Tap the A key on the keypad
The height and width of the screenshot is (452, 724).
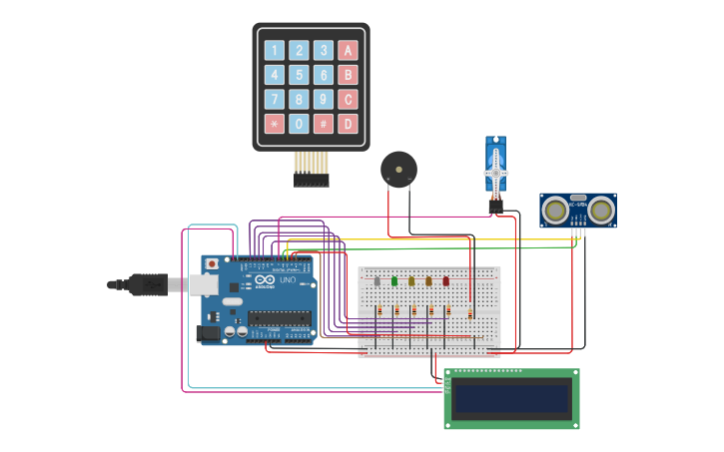(x=348, y=50)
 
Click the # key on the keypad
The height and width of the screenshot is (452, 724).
(x=323, y=124)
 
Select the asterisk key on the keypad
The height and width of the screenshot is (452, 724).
(x=274, y=124)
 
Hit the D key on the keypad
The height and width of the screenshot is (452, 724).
(x=348, y=124)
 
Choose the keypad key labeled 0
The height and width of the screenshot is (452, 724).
(x=299, y=124)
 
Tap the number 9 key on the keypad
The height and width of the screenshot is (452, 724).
(x=323, y=99)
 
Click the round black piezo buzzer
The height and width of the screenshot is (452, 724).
(x=398, y=169)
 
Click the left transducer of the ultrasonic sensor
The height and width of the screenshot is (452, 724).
(x=555, y=210)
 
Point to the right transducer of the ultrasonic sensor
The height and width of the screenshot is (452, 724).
(x=600, y=210)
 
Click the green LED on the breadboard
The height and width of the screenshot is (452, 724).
(x=394, y=281)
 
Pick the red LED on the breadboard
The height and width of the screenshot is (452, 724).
(x=445, y=281)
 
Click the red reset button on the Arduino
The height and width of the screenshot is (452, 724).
(x=211, y=264)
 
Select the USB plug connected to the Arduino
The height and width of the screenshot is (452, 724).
(x=150, y=284)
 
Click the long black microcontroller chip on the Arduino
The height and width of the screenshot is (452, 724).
(x=279, y=318)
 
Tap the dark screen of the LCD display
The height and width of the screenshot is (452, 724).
(x=511, y=399)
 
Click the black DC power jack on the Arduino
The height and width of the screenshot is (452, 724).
(x=208, y=333)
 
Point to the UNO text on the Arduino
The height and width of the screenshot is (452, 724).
(x=286, y=280)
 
